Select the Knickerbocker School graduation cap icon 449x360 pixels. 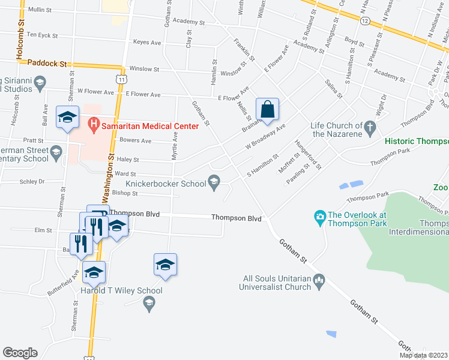[x=214, y=181]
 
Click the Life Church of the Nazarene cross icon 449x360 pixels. [x=370, y=126]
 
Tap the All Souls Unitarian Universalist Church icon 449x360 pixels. [x=319, y=278]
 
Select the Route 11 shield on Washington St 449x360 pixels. [x=122, y=79]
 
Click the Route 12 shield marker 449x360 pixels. [x=365, y=20]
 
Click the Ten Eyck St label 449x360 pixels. [x=42, y=35]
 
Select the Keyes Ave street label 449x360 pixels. [x=147, y=43]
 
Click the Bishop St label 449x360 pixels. [x=125, y=194]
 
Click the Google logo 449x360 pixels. [x=20, y=353]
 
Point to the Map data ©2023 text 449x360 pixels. [x=423, y=355]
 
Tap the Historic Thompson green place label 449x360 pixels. [x=417, y=141]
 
